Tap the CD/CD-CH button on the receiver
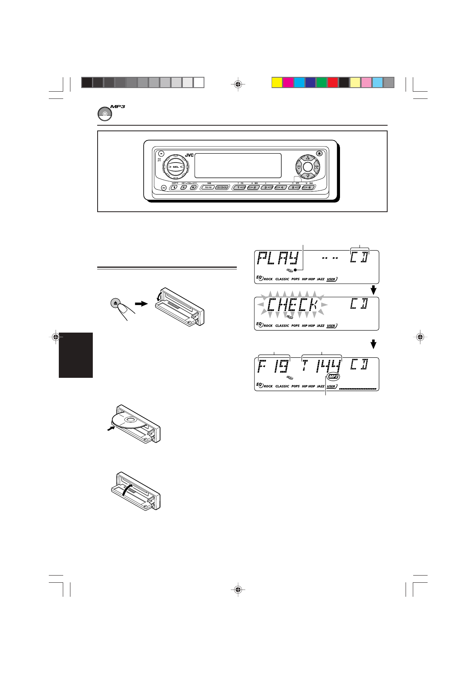(x=221, y=187)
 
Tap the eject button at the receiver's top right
(x=319, y=153)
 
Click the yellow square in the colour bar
(x=277, y=82)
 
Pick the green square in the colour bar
(x=322, y=82)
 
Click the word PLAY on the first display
(x=278, y=259)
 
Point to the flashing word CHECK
(x=292, y=305)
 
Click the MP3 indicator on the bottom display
(x=333, y=377)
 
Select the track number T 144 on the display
(x=322, y=365)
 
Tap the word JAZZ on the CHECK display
(x=320, y=326)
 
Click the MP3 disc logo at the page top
(x=105, y=114)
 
